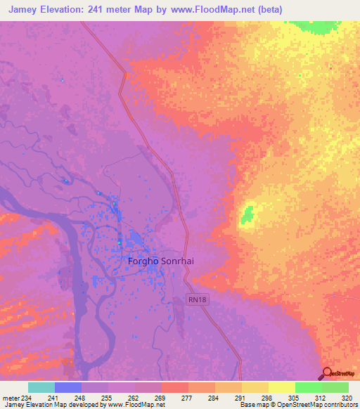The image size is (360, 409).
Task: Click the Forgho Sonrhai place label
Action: [160, 261]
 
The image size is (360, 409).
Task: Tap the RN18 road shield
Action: [198, 299]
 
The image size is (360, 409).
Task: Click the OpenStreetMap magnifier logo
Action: [326, 372]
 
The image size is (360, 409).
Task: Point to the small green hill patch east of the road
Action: [247, 215]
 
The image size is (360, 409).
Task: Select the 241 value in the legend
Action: [53, 397]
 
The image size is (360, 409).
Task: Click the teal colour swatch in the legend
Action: [41, 387]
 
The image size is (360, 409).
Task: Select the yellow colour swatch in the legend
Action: [281, 387]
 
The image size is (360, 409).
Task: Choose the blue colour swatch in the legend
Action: [68, 387]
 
